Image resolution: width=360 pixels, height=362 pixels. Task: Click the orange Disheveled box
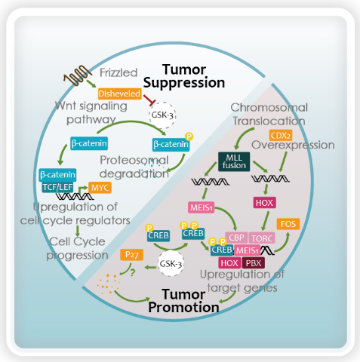(119, 94)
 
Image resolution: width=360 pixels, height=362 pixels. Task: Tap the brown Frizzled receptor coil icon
(78, 75)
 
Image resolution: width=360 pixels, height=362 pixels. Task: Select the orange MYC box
(100, 188)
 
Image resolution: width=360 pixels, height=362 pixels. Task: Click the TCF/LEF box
(57, 187)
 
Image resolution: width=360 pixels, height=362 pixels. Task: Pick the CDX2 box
(281, 136)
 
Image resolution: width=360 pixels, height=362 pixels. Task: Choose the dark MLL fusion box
(234, 161)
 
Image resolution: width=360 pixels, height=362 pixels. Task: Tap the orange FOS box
(288, 224)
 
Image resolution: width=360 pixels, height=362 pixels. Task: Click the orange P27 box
(132, 255)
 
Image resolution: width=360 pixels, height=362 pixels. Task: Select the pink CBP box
(236, 238)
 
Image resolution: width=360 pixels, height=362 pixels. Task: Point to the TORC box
(262, 238)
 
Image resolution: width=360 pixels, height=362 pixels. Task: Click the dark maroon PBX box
(254, 263)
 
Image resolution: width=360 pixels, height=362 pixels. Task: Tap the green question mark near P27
(133, 273)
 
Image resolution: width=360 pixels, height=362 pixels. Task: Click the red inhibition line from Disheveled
(149, 100)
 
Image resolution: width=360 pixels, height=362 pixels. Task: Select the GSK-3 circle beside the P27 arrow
(171, 264)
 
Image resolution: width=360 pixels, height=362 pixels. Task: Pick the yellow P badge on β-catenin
(189, 137)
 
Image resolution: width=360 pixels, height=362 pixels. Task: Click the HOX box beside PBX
(229, 263)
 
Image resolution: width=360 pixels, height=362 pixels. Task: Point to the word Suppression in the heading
(184, 83)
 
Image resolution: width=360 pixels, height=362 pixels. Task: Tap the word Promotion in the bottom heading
(183, 307)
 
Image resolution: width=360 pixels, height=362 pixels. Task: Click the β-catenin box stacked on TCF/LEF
(57, 175)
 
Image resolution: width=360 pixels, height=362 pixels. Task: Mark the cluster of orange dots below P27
(108, 284)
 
